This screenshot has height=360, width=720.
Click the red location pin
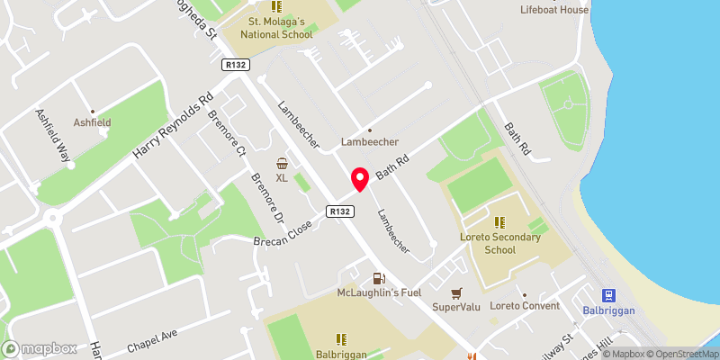pyautogui.click(x=360, y=179)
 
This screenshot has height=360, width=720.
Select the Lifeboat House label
pyautogui.click(x=554, y=10)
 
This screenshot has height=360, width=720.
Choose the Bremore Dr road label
pyautogui.click(x=267, y=198)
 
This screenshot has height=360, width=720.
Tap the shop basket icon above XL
pyautogui.click(x=283, y=164)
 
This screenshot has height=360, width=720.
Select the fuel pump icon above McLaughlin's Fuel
pyautogui.click(x=379, y=279)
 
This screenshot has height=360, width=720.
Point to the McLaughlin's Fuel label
pyautogui.click(x=379, y=293)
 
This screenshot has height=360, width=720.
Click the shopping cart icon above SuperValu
pyautogui.click(x=456, y=293)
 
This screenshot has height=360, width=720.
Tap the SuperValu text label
pyautogui.click(x=456, y=307)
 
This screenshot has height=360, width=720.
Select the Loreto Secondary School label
pyautogui.click(x=499, y=243)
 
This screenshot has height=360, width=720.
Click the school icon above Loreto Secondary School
pyautogui.click(x=499, y=221)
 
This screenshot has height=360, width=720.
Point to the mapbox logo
pyautogui.click(x=40, y=348)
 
